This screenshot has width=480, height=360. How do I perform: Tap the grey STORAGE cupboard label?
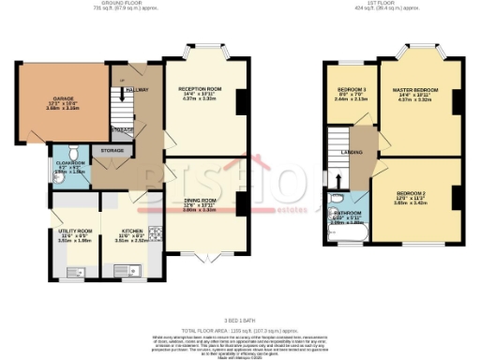[112, 150]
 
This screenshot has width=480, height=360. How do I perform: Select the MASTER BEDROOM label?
[421, 91]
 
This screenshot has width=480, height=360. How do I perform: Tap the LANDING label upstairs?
[352, 151]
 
